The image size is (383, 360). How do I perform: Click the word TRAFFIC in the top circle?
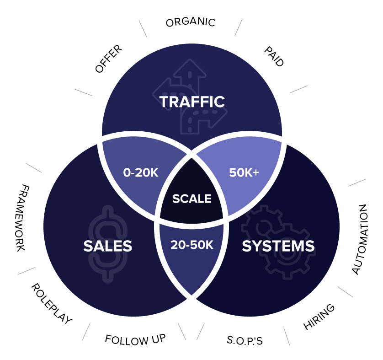coord(192,102)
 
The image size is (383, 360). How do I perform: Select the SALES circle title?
coord(107,246)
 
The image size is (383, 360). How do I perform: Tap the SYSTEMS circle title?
coord(278,246)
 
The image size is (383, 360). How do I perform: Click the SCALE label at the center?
coord(191,199)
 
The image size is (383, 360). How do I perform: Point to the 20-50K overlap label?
coord(192,245)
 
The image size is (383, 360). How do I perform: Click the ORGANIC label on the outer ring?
coord(190,22)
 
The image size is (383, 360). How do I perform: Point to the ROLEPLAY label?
coord(52,303)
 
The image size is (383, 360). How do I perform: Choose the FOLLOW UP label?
coord(135,339)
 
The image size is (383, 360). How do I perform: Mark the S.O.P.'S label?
coord(245,340)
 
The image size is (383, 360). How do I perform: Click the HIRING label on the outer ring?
coord(319,316)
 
